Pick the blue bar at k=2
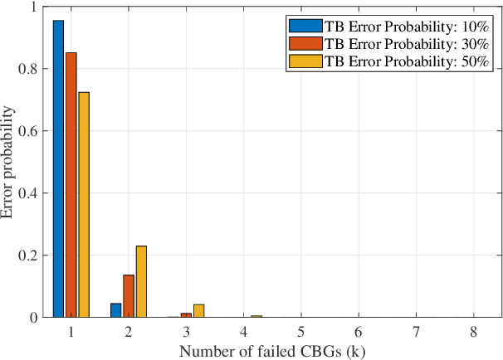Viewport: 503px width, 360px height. click(x=115, y=310)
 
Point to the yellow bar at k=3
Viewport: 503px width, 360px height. click(x=198, y=311)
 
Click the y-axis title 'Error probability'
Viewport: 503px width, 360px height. click(x=9, y=163)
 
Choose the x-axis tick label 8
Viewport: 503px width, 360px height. click(x=473, y=330)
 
